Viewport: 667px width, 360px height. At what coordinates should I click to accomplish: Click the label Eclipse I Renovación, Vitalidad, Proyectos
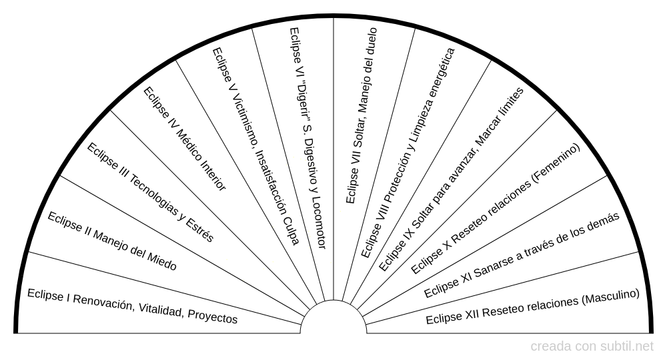132,306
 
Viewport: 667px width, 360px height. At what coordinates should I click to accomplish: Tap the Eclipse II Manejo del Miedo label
112,241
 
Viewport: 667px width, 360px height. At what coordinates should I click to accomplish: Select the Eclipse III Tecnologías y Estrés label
150,192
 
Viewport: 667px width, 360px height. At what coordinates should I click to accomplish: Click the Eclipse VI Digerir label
307,138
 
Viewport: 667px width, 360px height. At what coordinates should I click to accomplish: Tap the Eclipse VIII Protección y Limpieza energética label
408,153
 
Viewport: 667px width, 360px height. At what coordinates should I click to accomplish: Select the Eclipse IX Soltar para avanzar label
451,178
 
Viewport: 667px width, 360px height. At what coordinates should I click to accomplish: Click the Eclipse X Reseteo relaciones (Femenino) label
496,209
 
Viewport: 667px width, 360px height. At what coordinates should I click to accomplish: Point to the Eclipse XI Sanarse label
522,255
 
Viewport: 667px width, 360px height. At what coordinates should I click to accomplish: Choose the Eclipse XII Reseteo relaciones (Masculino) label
532,306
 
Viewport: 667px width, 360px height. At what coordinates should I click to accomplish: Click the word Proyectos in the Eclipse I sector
212,316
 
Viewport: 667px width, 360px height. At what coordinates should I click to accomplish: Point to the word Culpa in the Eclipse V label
292,231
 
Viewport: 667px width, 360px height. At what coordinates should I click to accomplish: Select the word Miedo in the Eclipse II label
161,261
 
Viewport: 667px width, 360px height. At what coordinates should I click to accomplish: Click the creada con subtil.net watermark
592,347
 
